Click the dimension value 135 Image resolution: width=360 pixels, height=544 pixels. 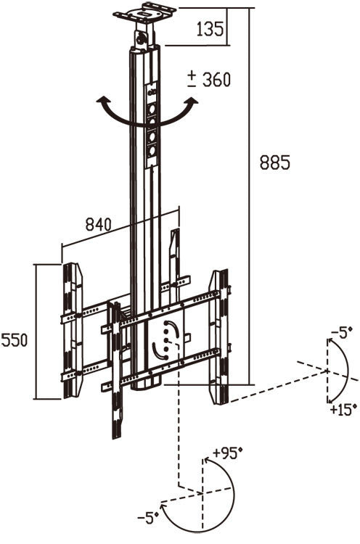(x=210, y=29)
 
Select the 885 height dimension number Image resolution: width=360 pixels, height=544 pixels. (x=275, y=163)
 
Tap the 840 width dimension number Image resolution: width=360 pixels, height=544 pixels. (x=99, y=225)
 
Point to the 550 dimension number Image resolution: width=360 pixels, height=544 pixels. (x=15, y=340)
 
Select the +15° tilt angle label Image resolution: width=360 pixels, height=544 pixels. (x=342, y=410)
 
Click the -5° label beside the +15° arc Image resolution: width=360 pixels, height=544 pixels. (x=340, y=332)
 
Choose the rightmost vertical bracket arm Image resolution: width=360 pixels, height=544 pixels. (x=218, y=337)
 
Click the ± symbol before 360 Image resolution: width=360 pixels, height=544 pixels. (x=192, y=78)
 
